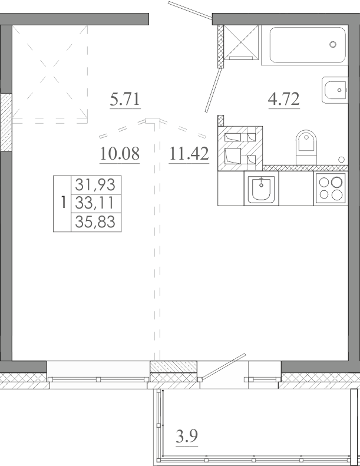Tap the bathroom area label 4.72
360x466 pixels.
284,99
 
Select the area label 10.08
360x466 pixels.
120,154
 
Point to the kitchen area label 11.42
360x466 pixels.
189,154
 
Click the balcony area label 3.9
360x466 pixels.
187,437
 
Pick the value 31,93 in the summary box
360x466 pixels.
95,184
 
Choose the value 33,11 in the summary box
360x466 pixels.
95,203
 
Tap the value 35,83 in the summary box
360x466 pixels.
95,222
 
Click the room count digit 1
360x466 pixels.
62,203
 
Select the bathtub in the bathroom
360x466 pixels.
308,45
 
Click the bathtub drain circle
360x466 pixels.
333,45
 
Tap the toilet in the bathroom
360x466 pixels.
306,147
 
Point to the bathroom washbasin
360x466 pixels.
335,90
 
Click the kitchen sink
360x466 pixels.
261,189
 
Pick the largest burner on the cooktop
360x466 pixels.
337,182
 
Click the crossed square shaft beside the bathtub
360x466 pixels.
241,42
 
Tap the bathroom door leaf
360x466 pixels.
214,90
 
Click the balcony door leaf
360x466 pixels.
222,367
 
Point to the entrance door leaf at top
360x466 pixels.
190,9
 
